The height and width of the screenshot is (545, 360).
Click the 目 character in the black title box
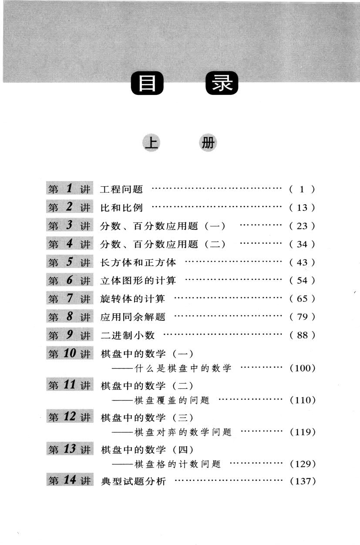click(147, 83)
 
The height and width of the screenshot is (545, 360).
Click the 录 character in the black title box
click(222, 83)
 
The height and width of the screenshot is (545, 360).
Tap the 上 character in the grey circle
click(151, 143)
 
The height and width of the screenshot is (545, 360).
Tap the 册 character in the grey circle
click(208, 143)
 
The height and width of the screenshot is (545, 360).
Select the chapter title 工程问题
click(121, 189)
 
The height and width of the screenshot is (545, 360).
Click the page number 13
click(302, 208)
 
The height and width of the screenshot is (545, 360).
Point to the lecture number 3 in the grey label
click(69, 225)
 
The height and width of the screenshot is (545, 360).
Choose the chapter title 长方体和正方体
click(138, 262)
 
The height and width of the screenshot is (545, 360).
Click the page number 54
click(302, 280)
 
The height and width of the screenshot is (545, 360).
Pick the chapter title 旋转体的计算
click(133, 299)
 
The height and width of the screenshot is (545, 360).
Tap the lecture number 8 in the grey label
click(70, 316)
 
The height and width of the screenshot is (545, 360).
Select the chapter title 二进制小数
click(128, 335)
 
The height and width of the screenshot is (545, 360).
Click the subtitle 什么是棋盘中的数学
click(183, 368)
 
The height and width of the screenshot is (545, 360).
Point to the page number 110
click(303, 400)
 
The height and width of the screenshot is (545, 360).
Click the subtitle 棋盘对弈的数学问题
click(183, 432)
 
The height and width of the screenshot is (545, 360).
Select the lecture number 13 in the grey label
click(70, 449)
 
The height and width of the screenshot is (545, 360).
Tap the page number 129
click(303, 464)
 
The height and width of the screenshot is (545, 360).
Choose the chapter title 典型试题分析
click(133, 481)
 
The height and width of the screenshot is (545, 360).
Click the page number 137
click(303, 481)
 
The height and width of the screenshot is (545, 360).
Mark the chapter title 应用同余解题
click(133, 317)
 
